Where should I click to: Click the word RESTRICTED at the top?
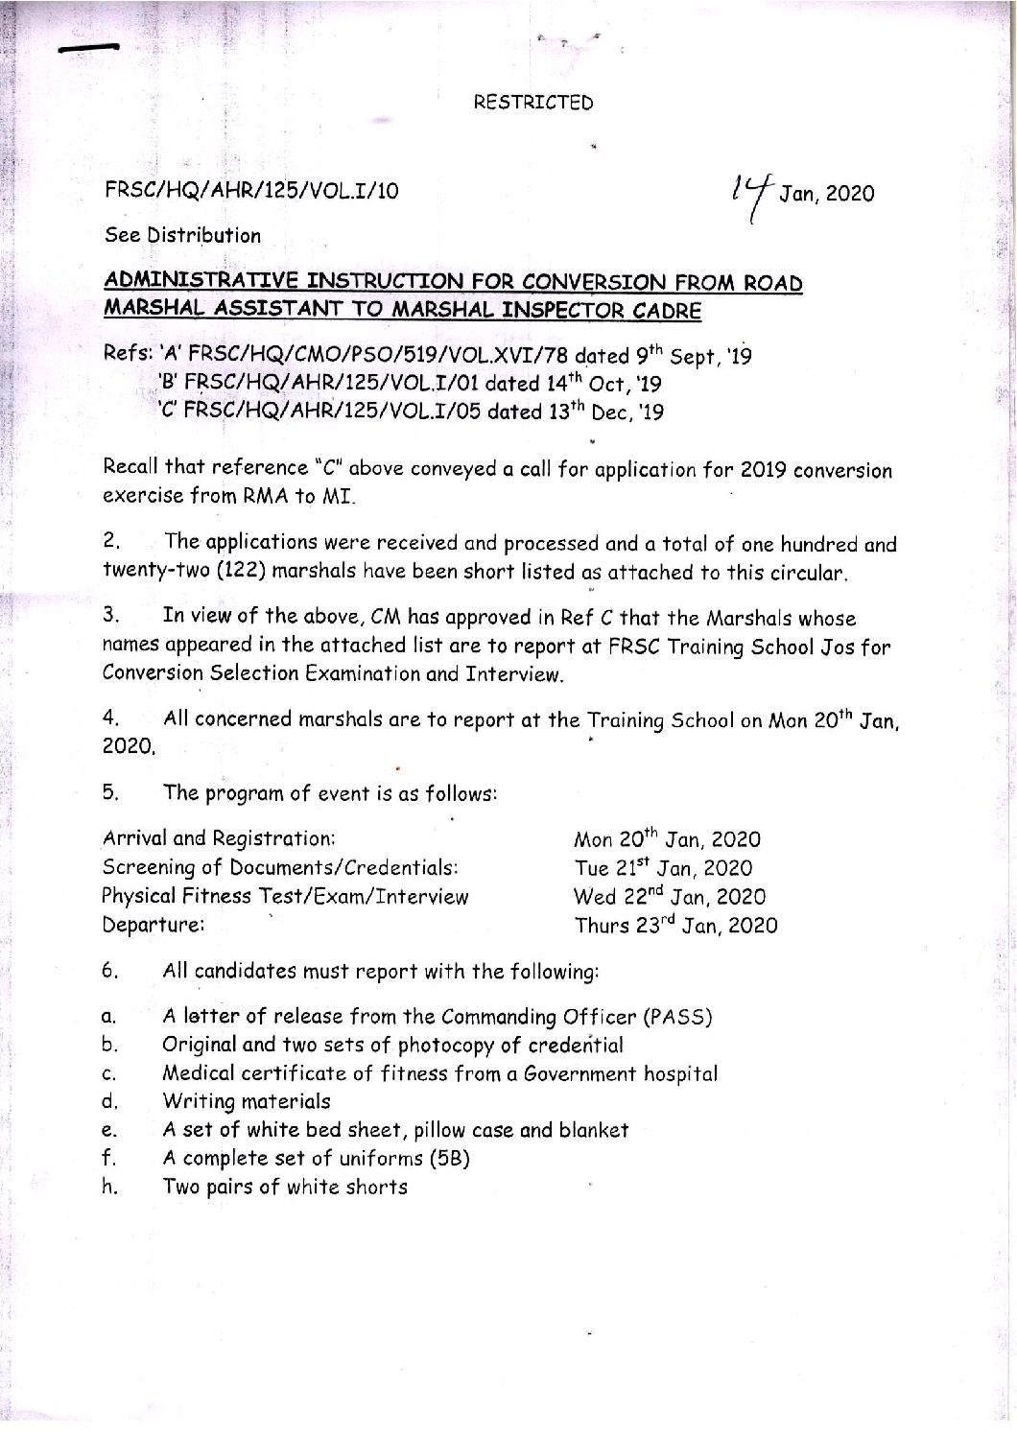pos(533,102)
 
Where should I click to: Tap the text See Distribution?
pos(181,235)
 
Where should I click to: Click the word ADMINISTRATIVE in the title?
pos(187,283)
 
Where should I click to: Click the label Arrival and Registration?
pos(219,837)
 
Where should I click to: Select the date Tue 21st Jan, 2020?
pos(663,868)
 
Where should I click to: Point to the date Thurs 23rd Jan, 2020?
pos(675,926)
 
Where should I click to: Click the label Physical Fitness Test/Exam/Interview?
pos(286,897)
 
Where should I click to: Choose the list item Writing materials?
pos(247,1101)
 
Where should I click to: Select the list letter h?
pos(108,1188)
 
